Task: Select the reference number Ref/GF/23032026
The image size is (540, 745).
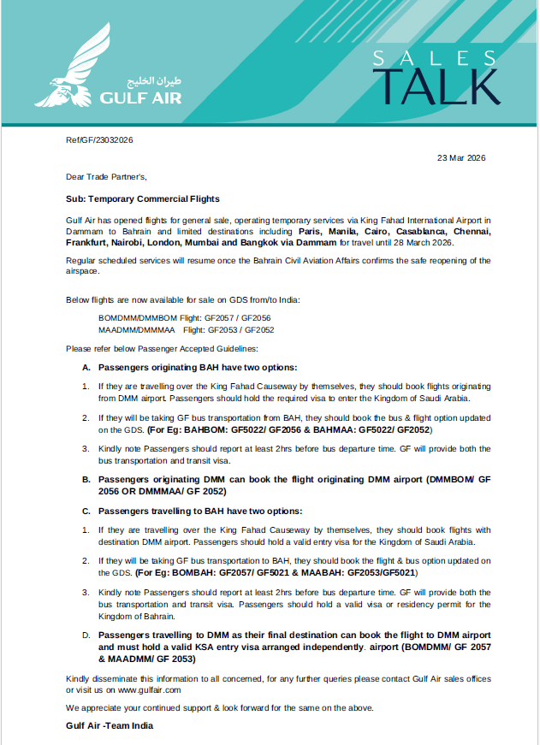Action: pos(99,140)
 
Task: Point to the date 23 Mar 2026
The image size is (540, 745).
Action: pos(461,158)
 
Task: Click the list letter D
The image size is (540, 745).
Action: pos(86,636)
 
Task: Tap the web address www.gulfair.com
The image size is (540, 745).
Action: pos(148,689)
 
